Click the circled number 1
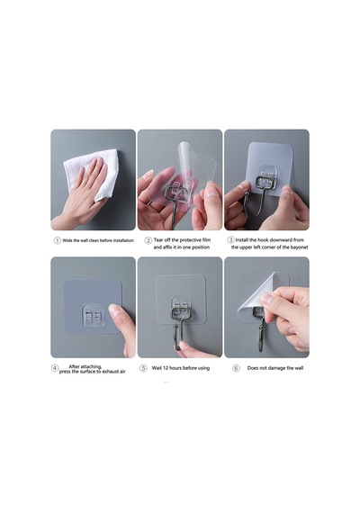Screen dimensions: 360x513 (57, 240)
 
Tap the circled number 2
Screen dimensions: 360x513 (148, 240)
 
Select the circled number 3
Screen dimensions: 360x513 (230, 239)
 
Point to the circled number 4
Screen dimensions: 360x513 (55, 368)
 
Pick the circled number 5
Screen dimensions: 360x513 (143, 368)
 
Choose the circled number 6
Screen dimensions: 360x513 (236, 368)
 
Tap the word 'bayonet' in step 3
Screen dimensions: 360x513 (299, 247)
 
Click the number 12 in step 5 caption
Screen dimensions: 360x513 (166, 368)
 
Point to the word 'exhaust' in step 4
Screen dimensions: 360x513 (111, 372)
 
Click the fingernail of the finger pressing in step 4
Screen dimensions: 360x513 (114, 309)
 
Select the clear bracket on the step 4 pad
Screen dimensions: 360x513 (93, 315)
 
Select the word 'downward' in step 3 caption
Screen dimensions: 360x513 (275, 239)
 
